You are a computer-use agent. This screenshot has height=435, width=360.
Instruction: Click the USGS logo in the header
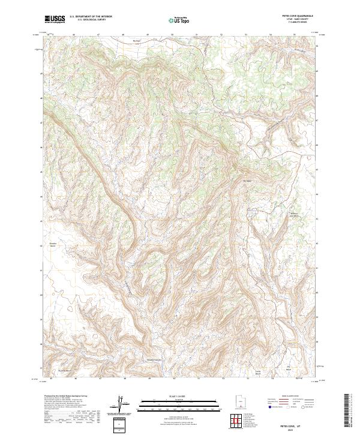point(55,19)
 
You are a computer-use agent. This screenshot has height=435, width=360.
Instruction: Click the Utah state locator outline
point(236,400)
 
